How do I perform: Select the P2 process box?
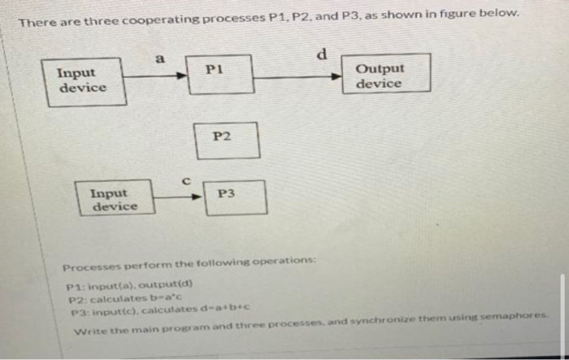(227, 140)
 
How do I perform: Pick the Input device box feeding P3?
(115, 199)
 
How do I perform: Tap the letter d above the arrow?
(321, 57)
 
